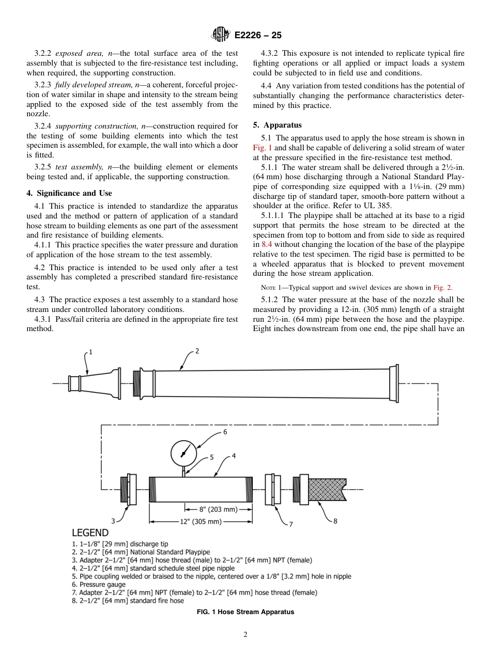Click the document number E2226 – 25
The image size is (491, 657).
(258, 36)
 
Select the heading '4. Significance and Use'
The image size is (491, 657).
(69, 193)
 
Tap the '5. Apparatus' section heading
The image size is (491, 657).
(277, 125)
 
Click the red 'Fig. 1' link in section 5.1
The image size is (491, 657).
(262, 148)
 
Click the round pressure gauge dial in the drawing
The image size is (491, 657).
(183, 453)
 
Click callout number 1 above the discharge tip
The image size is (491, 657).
(90, 352)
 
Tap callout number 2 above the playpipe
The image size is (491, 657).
(197, 351)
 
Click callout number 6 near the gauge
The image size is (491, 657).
(225, 432)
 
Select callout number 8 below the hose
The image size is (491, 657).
(335, 521)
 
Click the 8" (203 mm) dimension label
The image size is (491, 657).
(218, 509)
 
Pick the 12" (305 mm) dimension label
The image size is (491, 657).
(201, 522)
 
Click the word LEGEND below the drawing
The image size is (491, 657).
(90, 533)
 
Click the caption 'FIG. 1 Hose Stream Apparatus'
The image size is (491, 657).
(245, 612)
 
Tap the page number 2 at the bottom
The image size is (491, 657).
(245, 635)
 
